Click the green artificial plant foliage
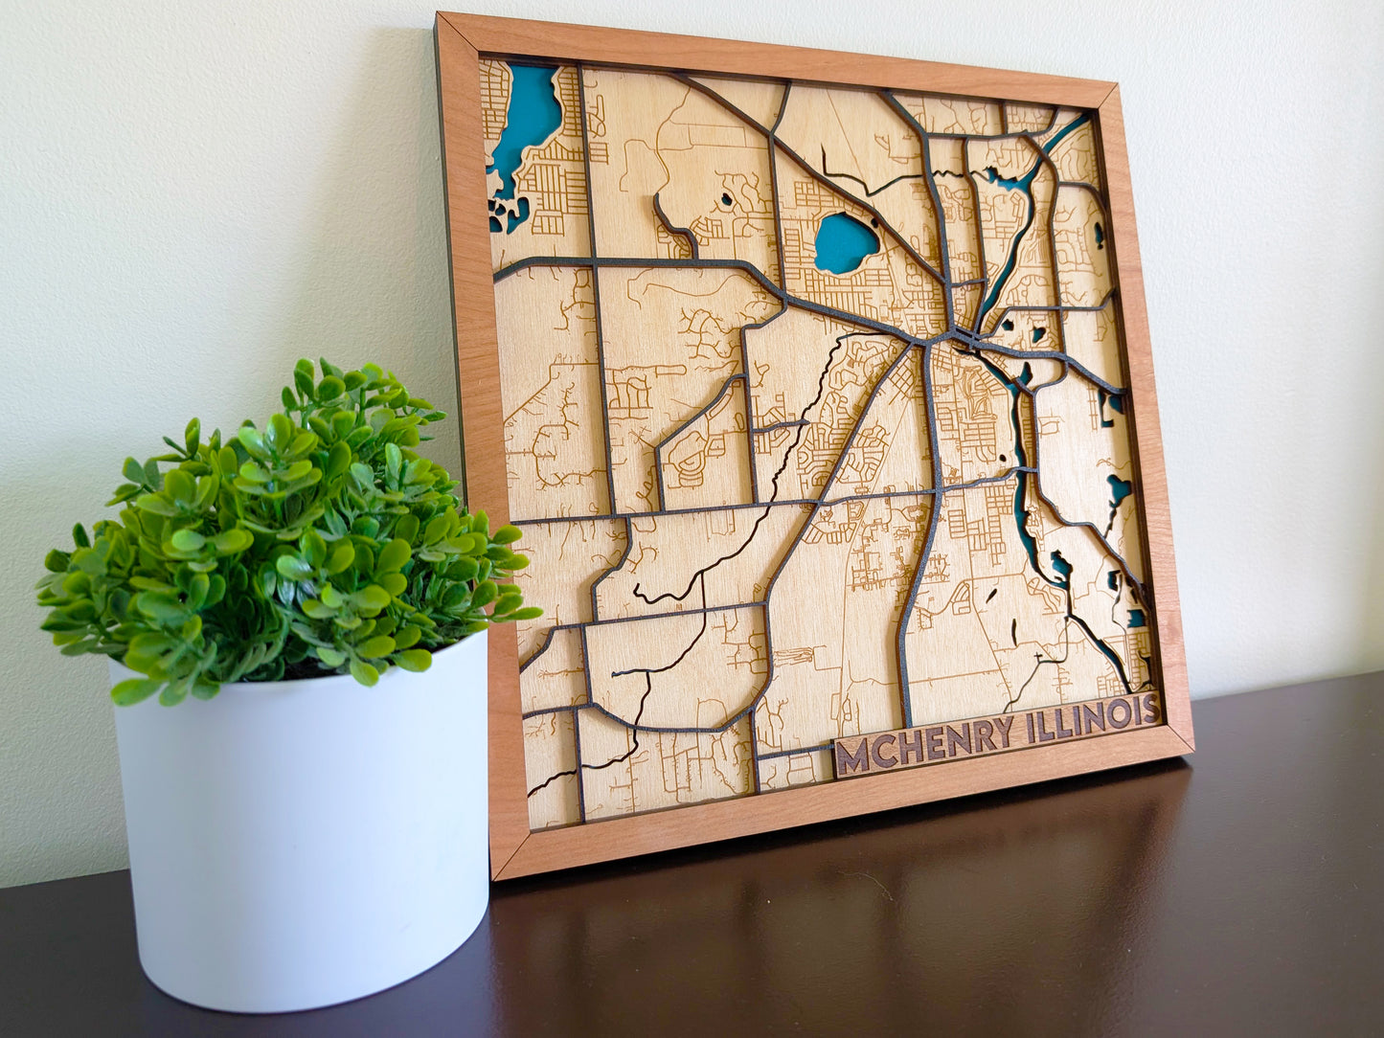[x=287, y=536]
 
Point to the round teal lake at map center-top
[x=844, y=242]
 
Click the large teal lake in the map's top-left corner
[x=524, y=120]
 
